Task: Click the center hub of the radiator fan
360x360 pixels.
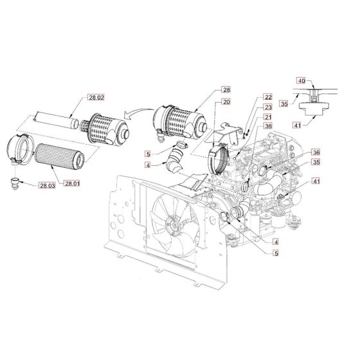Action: (172, 226)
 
